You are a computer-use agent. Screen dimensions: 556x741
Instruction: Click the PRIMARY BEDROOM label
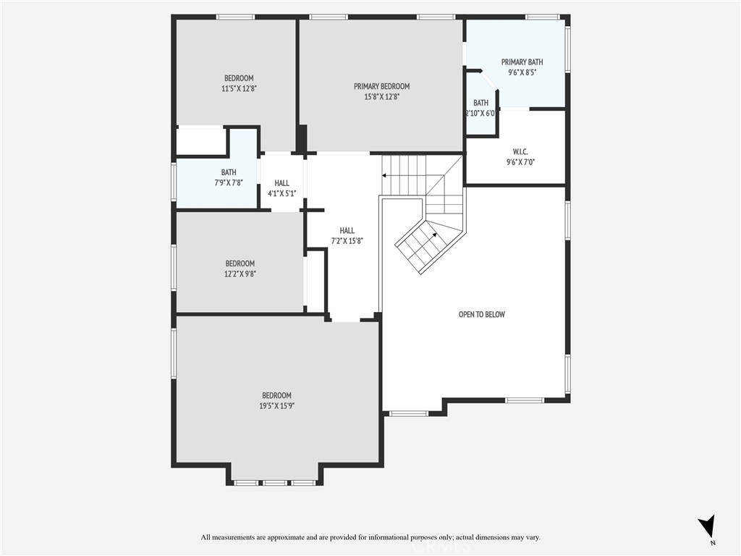[381, 86]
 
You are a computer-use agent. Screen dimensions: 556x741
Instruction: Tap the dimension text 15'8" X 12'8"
[381, 96]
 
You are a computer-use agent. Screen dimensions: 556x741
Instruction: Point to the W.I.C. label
[521, 151]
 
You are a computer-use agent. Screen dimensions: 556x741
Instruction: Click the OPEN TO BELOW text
[481, 314]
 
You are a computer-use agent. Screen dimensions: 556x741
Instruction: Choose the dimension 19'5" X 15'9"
[276, 405]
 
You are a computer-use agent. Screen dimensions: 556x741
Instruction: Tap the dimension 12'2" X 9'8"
[240, 274]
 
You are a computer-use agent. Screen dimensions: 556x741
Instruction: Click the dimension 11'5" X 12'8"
[239, 88]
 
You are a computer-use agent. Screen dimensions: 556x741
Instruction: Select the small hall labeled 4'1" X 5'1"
[281, 188]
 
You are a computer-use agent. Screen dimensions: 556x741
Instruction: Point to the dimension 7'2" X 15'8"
[347, 240]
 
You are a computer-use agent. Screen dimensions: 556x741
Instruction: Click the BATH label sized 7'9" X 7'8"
[229, 172]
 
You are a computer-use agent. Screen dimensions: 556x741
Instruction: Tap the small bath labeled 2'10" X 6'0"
[480, 108]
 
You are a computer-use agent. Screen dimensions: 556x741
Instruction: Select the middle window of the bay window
[274, 482]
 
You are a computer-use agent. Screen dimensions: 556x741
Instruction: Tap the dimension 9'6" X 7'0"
[521, 161]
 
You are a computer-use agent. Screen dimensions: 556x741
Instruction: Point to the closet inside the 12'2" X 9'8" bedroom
[316, 281]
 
